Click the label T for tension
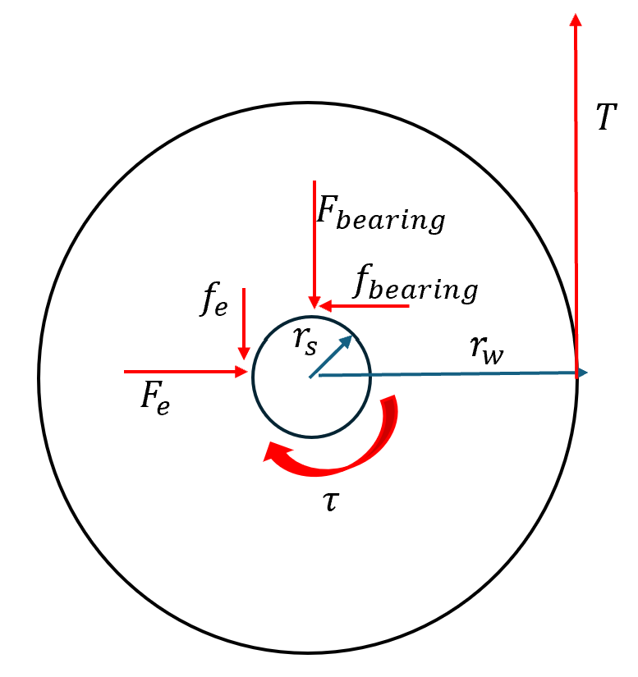tap(607, 117)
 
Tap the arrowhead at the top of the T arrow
tap(576, 20)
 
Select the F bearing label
tap(380, 214)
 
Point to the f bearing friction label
tap(415, 283)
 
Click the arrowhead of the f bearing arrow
tap(325, 306)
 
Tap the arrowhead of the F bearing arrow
tap(314, 302)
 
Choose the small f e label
tap(213, 300)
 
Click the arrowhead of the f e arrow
tap(244, 353)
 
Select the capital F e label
tap(155, 398)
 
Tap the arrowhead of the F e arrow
tap(241, 371)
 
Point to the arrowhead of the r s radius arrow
tap(347, 342)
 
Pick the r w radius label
tap(487, 350)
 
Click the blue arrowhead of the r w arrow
tap(582, 373)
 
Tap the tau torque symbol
tap(331, 501)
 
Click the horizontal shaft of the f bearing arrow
tap(370, 306)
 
